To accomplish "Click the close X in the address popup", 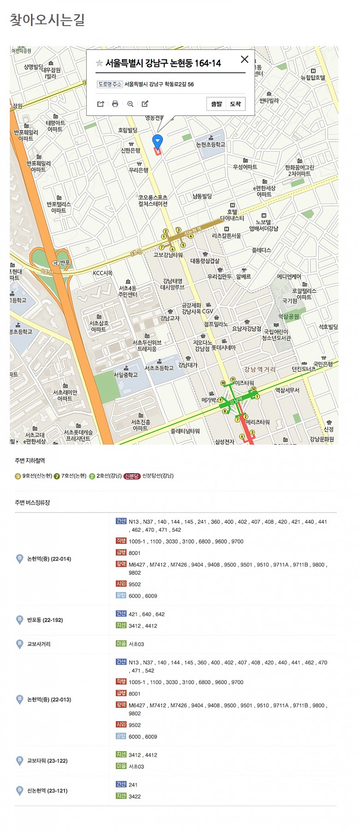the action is pos(245,59).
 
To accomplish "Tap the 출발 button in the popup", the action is pos(216,104).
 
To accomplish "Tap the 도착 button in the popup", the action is pos(235,104).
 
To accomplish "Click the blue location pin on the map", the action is pos(157,141).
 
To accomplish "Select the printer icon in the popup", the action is pos(115,104).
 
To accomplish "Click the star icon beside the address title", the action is pos(99,63).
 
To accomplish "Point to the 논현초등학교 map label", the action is pos(211,145).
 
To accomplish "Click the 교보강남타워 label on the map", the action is pos(168,255).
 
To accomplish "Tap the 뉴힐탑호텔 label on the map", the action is pos(313,78).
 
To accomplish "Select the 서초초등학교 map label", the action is pos(159,368).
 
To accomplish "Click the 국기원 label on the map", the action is pos(290,301).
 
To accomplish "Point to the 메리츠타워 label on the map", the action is pos(258,422).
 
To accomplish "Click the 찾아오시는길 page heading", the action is pos(48,20).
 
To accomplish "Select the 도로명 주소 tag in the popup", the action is pos(110,84).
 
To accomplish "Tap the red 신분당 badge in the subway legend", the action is pos(132,476).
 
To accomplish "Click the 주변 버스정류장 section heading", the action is pos(32,502).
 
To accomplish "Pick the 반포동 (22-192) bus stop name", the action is pos(45,620).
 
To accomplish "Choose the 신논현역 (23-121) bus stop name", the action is pos(47,791).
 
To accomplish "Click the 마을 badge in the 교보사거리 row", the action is pos(121,644).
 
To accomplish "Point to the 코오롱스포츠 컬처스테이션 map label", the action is pos(153,200).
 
